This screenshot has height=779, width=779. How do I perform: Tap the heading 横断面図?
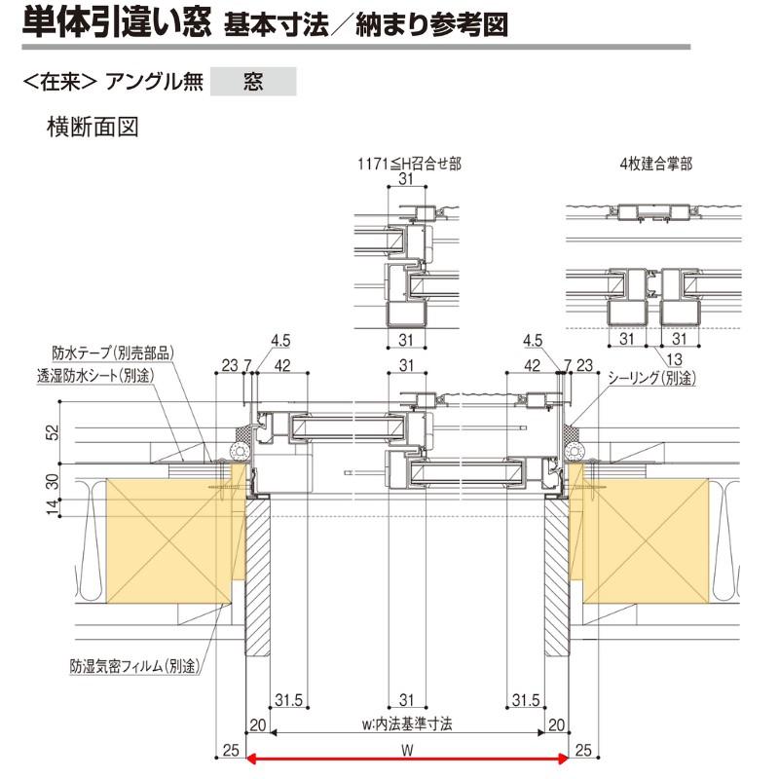point(93,127)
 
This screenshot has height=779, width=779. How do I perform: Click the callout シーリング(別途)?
point(651,377)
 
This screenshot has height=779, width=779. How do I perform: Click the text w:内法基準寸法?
point(407,724)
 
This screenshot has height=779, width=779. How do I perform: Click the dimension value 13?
point(676,357)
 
